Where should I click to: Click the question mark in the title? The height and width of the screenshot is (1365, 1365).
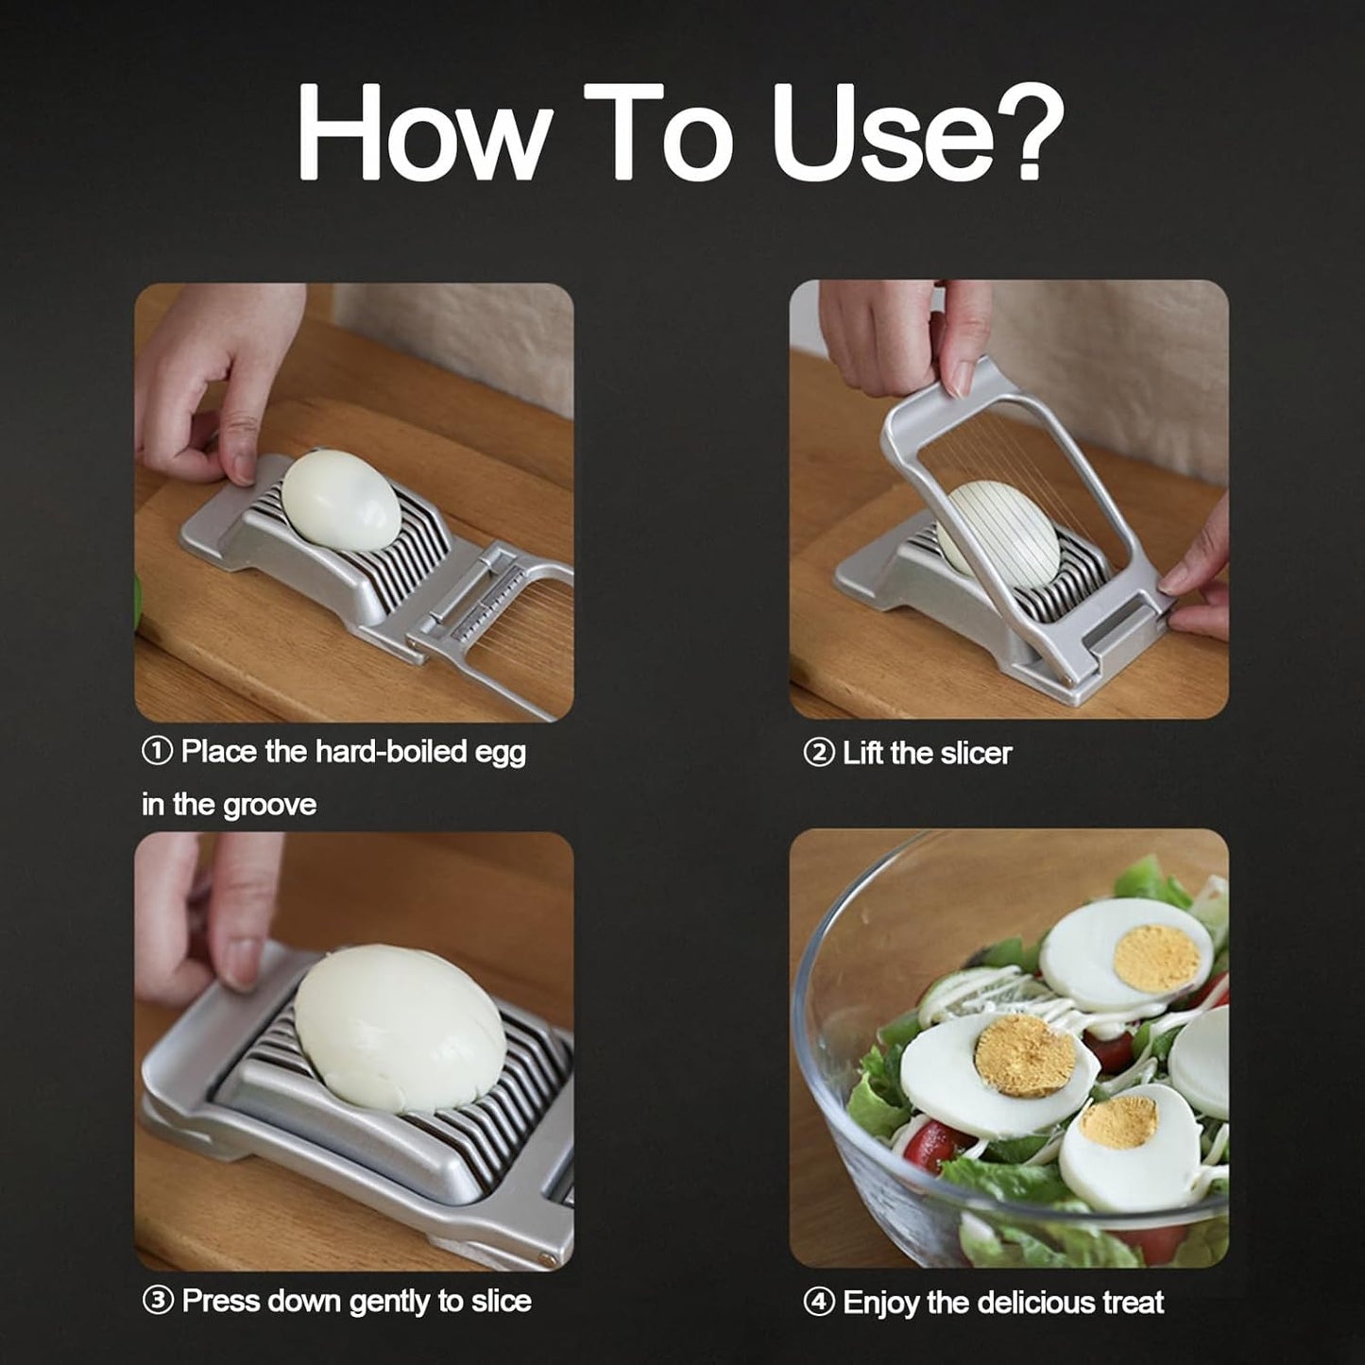1024,132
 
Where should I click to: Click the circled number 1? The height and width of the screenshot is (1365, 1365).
157,752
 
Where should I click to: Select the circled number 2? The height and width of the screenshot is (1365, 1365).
818,754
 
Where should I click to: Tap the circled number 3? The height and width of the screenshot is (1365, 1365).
157,1301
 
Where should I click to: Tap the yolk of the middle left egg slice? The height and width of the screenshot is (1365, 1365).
1025,1056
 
